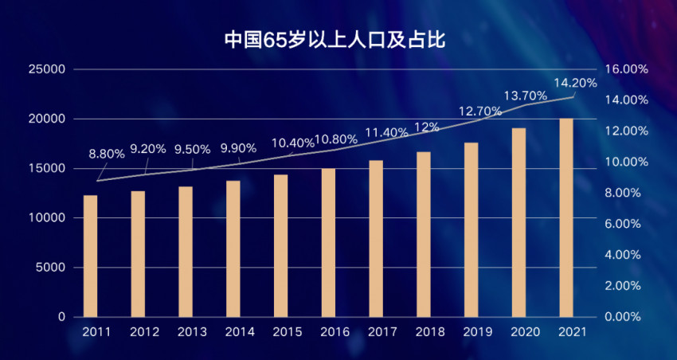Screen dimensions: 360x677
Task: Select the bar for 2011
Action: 90,256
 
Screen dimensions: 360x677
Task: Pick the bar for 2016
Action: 328,242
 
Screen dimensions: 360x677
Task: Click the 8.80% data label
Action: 106,154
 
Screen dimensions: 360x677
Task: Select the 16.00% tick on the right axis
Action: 627,69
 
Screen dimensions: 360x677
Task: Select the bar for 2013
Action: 186,252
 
